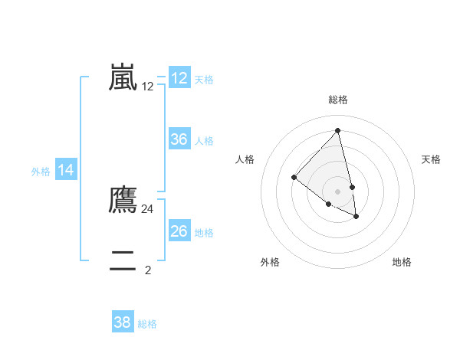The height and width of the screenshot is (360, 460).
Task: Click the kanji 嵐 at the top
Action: tap(123, 77)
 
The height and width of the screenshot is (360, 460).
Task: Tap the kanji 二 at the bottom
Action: tap(123, 261)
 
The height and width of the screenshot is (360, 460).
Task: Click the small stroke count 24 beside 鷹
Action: tap(148, 208)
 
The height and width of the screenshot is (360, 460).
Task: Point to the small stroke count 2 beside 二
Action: tap(148, 270)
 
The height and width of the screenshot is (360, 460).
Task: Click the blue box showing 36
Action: tap(179, 139)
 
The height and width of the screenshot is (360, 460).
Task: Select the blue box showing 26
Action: tap(179, 231)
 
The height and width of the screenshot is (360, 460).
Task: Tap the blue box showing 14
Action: tap(66, 171)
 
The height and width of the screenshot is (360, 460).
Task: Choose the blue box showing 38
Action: tap(123, 322)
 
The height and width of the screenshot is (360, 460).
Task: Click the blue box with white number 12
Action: tap(179, 78)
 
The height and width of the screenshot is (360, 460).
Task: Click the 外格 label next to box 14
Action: tap(41, 172)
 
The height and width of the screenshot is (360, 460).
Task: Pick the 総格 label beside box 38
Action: tap(147, 324)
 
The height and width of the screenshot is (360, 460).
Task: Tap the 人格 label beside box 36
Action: tap(204, 141)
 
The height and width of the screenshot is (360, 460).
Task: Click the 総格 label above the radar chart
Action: tap(338, 100)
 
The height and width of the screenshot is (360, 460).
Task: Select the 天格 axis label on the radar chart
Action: tap(431, 159)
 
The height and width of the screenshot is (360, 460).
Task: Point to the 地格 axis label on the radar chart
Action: tap(402, 262)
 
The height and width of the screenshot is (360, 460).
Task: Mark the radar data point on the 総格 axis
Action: tap(338, 130)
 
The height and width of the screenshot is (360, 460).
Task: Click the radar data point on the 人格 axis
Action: tap(294, 178)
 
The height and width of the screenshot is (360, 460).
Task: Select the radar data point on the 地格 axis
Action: tap(356, 217)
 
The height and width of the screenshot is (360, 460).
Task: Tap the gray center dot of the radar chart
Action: tap(338, 191)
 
